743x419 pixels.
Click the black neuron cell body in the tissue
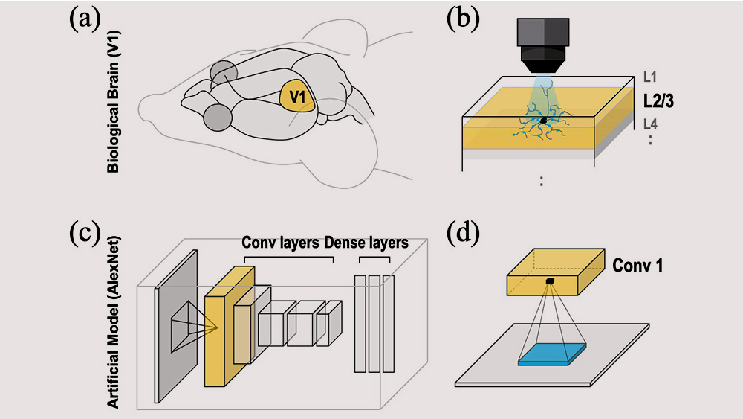[544, 119]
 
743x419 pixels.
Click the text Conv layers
[280, 243]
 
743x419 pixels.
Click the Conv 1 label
[637, 265]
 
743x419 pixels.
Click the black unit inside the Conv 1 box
[551, 281]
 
